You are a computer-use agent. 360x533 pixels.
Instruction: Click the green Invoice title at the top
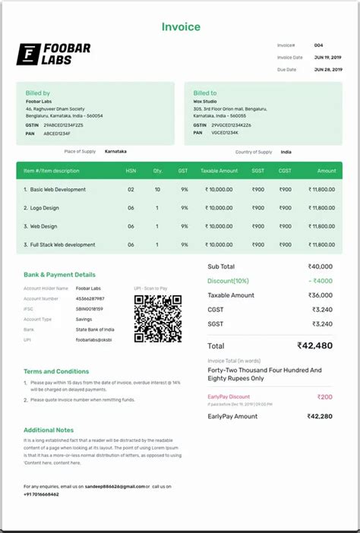tap(181, 27)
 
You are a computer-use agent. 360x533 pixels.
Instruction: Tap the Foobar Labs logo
tap(53, 54)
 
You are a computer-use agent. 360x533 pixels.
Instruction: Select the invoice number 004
tap(319, 46)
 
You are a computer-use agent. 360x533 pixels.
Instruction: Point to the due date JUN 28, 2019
tap(328, 69)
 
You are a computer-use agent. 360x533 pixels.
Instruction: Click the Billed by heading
tap(37, 93)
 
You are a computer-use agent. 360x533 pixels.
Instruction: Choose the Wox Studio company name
tap(204, 101)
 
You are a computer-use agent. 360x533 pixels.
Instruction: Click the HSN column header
tap(131, 171)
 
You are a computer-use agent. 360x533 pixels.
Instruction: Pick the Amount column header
tap(327, 171)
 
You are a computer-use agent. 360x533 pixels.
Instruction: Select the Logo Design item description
tap(43, 208)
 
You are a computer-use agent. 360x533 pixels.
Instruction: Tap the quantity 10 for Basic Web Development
tap(157, 190)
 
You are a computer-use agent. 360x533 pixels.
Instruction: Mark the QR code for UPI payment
tap(157, 318)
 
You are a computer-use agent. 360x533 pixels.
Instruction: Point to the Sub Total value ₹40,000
tap(320, 266)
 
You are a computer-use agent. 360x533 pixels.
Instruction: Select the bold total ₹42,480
tap(314, 345)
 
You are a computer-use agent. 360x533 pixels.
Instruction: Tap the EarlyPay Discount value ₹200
tap(324, 396)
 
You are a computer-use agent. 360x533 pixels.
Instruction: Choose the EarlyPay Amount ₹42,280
tap(319, 416)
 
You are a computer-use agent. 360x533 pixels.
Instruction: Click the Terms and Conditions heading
tap(56, 371)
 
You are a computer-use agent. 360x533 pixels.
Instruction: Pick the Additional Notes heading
tap(49, 430)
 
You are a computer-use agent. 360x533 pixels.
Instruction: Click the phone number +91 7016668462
tap(41, 494)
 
